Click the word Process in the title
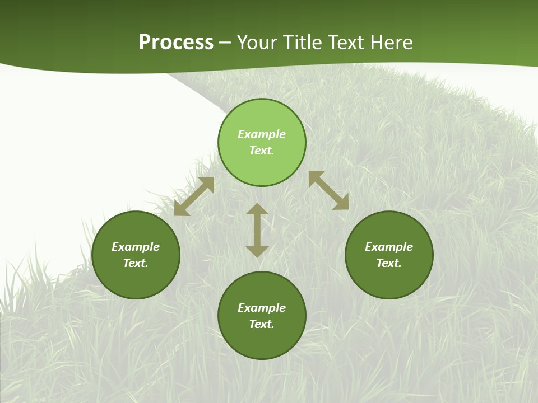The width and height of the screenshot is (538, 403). click(x=176, y=43)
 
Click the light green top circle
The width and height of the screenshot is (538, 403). click(x=262, y=162)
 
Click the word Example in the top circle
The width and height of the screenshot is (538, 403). click(x=262, y=134)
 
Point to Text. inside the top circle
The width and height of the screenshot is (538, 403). click(x=262, y=151)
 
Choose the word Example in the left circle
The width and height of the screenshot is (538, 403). click(x=136, y=247)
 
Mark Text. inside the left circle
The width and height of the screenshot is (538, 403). click(x=136, y=263)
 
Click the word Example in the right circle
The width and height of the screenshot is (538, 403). click(x=389, y=247)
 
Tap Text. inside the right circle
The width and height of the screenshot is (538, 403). click(x=389, y=263)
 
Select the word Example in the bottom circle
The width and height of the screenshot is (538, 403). click(x=262, y=308)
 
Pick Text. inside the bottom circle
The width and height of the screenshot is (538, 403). click(x=262, y=324)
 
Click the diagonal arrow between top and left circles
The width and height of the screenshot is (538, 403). click(x=194, y=196)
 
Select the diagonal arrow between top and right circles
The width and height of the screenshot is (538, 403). click(x=328, y=190)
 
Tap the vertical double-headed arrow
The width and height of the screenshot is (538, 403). click(x=257, y=230)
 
